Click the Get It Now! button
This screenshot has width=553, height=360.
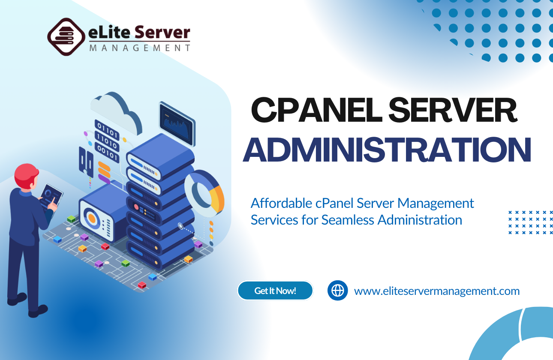tap(275, 291)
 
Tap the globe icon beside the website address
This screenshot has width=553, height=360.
tap(338, 291)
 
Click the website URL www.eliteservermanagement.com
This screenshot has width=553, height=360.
tap(437, 291)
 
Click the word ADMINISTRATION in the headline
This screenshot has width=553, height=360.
tap(387, 150)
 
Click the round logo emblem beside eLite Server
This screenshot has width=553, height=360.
tap(66, 37)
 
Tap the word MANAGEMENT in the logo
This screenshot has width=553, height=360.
tap(139, 48)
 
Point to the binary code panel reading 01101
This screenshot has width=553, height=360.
tap(107, 128)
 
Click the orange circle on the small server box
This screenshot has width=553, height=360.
tap(92, 218)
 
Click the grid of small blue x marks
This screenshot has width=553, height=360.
tap(530, 222)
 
